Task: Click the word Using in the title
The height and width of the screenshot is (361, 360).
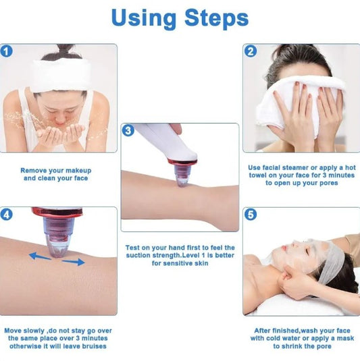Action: [x=145, y=18]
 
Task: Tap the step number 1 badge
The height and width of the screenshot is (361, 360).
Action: [x=7, y=51]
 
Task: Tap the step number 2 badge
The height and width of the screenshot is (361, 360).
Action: [x=251, y=51]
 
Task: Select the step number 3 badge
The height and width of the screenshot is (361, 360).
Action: [x=128, y=130]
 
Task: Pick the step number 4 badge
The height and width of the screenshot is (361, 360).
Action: [x=7, y=215]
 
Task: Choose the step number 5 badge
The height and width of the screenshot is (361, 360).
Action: [x=251, y=215]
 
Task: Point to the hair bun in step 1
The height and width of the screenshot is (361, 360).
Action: [x=65, y=50]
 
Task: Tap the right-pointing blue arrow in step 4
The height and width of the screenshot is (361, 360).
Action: [x=75, y=261]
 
